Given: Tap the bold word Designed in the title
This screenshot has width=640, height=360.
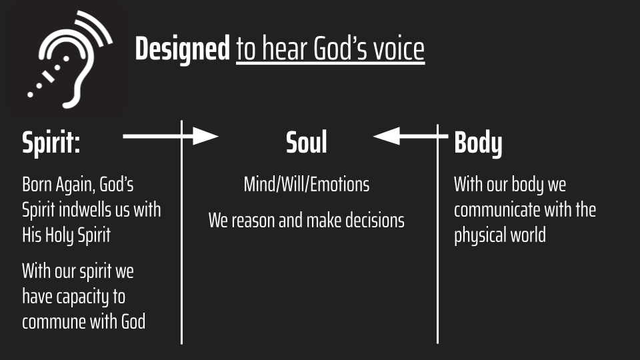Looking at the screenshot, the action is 183,49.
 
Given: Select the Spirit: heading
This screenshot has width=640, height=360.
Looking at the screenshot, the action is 51,143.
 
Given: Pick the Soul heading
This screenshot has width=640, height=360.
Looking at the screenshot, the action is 307,143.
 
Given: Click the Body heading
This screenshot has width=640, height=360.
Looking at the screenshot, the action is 478,143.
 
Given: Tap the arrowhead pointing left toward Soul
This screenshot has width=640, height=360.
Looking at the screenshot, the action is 386,136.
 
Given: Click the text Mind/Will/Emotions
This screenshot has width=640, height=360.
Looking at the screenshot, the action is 307,185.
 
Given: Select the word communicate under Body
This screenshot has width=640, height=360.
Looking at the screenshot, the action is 497,210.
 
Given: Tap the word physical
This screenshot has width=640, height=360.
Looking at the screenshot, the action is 478,236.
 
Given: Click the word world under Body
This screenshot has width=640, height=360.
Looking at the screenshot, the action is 527,235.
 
